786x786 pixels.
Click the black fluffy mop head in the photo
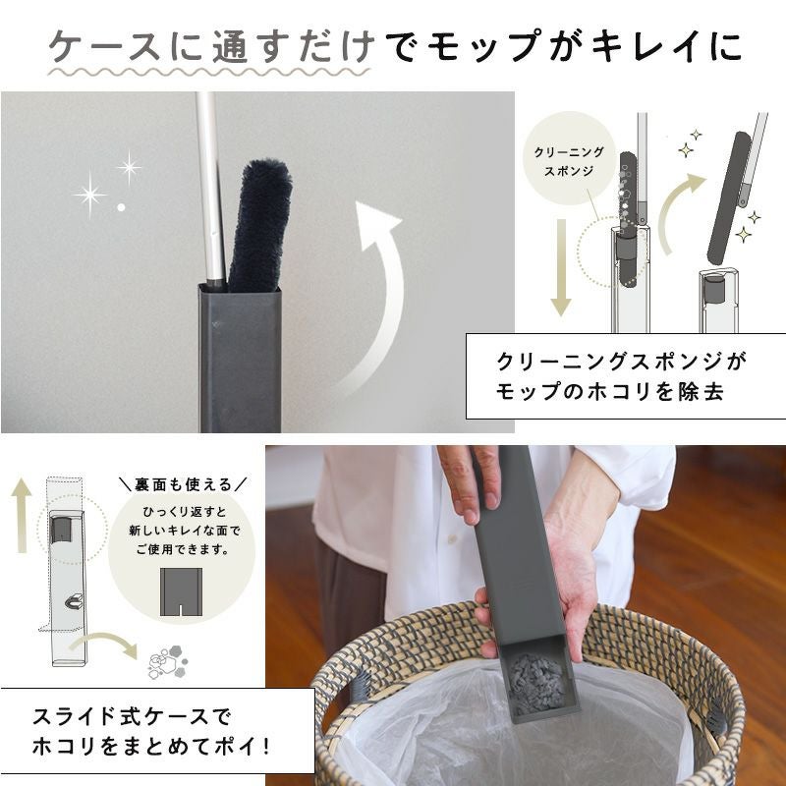(260, 226)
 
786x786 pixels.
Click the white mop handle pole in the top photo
(210, 191)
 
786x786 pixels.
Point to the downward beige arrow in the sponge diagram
(561, 267)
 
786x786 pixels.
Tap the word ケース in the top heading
(104, 46)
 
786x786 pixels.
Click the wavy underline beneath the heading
(208, 72)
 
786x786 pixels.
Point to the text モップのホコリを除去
(609, 391)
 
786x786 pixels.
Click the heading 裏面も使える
(183, 484)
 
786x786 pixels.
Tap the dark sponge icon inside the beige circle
(181, 591)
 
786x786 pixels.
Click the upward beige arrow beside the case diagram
(21, 515)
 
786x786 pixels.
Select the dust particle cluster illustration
(167, 661)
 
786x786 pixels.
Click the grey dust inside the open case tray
(535, 683)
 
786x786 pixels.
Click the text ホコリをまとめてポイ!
(151, 747)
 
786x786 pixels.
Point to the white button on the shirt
(453, 538)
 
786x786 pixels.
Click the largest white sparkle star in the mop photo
(89, 195)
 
